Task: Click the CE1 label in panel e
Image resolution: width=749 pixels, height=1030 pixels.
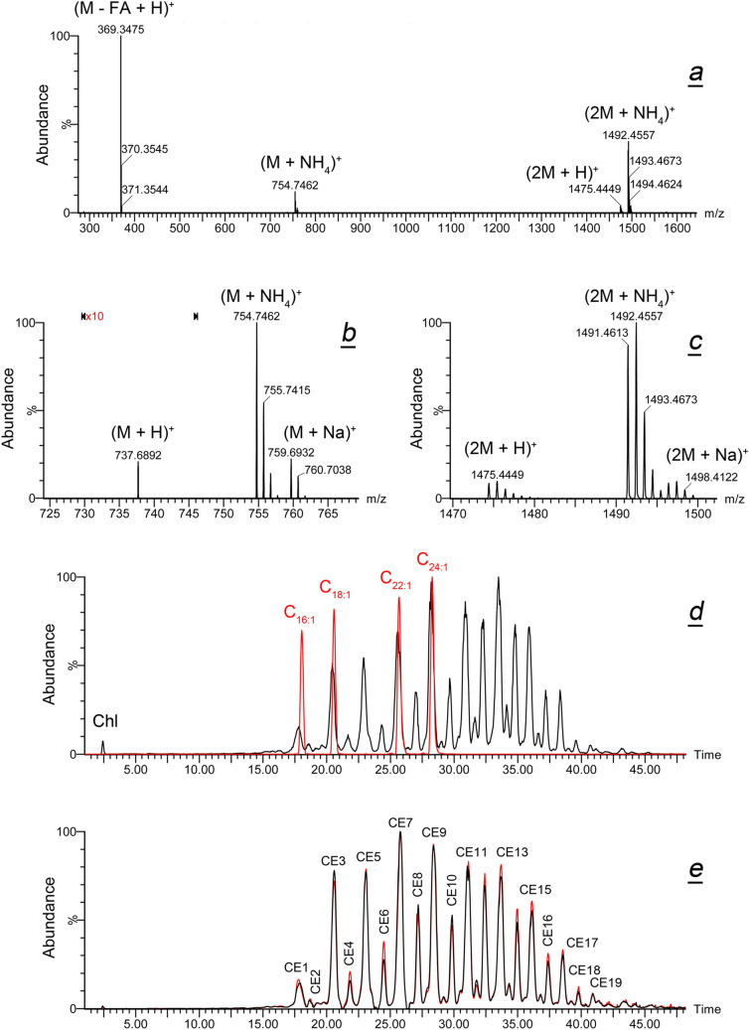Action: (296, 966)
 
